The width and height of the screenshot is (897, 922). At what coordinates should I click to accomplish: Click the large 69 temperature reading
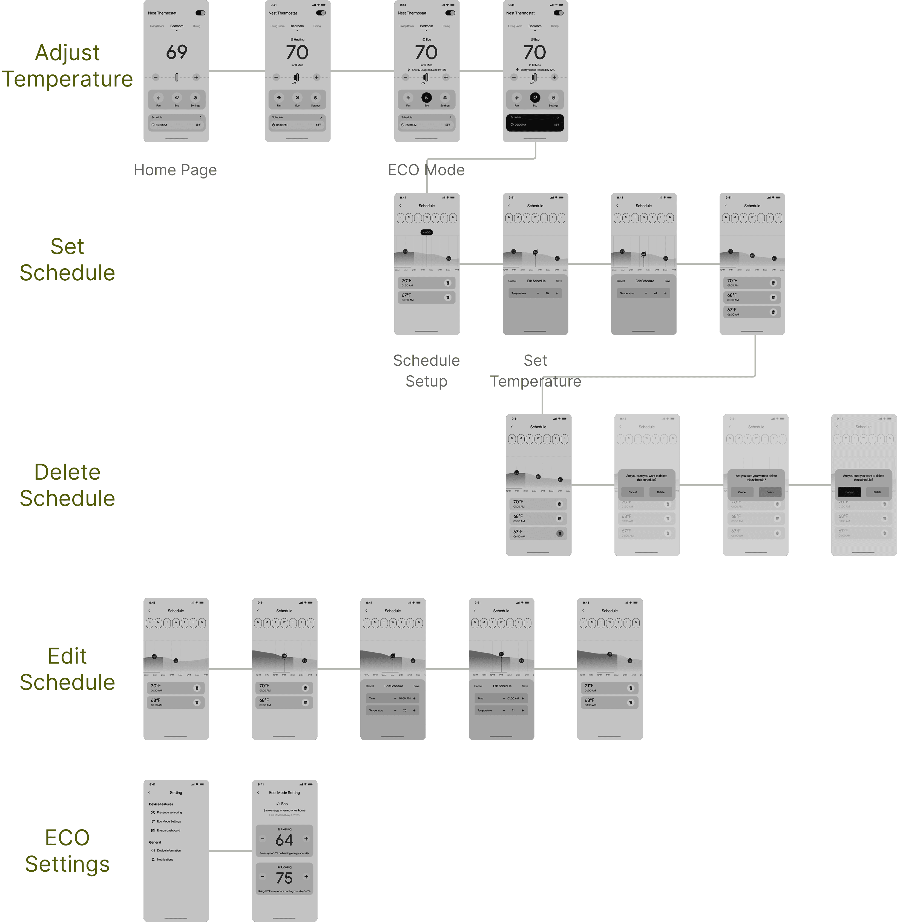pyautogui.click(x=177, y=52)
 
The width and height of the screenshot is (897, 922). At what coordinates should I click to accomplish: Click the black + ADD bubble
pyautogui.click(x=426, y=232)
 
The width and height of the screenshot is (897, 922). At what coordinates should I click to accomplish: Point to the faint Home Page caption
pyautogui.click(x=175, y=170)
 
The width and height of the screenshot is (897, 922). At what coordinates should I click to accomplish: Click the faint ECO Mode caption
pyautogui.click(x=426, y=170)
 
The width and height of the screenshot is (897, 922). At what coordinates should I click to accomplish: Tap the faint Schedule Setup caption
pyautogui.click(x=426, y=371)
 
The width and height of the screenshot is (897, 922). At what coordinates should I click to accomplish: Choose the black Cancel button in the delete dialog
pyautogui.click(x=849, y=492)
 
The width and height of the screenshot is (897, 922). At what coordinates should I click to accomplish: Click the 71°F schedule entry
pyautogui.click(x=609, y=688)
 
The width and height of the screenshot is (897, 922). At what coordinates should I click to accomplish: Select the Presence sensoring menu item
pyautogui.click(x=169, y=812)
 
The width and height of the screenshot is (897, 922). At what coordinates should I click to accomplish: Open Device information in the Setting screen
pyautogui.click(x=168, y=850)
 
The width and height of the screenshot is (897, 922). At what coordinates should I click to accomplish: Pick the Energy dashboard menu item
pyautogui.click(x=168, y=830)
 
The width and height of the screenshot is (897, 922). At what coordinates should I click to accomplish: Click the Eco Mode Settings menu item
pyautogui.click(x=169, y=821)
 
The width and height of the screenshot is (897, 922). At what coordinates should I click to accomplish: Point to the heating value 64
pyautogui.click(x=284, y=840)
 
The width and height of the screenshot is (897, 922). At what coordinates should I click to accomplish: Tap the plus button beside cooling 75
pyautogui.click(x=306, y=877)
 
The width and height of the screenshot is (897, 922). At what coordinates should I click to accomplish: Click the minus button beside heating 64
pyautogui.click(x=262, y=839)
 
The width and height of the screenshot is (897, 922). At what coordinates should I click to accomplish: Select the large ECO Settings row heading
pyautogui.click(x=67, y=851)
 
